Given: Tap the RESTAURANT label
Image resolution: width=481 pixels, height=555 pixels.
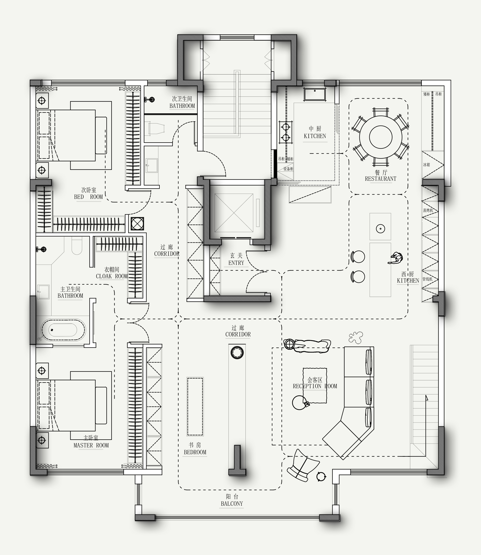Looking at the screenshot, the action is [381, 179].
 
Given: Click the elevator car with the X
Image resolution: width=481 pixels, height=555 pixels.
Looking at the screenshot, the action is [234, 213].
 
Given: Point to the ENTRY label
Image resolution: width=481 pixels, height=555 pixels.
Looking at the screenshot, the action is [236, 263].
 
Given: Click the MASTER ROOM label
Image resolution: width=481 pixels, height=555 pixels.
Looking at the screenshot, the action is [91, 445].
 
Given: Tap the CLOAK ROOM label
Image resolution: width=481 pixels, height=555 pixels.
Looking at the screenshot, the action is [112, 276].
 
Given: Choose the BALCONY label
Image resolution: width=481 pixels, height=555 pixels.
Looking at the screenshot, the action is [232, 504].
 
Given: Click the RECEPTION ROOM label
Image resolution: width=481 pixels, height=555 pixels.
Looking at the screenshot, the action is [315, 386].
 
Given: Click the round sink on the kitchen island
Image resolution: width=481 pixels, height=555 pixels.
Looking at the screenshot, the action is [381, 229].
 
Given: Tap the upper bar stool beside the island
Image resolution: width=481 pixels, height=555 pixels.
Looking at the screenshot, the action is [358, 257].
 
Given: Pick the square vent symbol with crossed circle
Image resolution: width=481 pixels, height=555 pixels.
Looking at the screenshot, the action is [138, 224].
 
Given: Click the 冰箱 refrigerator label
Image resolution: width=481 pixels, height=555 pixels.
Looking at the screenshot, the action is [427, 165].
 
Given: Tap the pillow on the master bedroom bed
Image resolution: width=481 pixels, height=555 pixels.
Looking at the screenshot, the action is [101, 405].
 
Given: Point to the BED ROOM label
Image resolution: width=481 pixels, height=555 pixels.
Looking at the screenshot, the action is [88, 197].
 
